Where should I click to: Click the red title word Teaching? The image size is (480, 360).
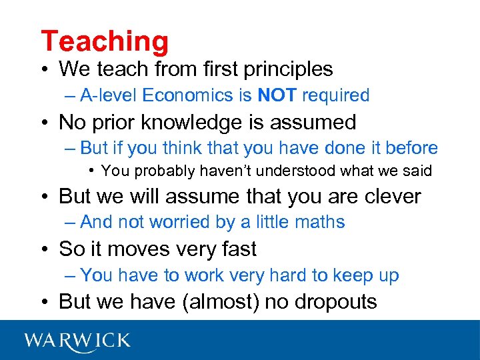click(105, 41)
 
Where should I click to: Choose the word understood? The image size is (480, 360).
click(299, 171)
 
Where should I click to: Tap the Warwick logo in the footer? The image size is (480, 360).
click(77, 341)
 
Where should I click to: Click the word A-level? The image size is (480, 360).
click(110, 95)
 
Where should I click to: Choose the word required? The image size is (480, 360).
click(335, 95)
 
